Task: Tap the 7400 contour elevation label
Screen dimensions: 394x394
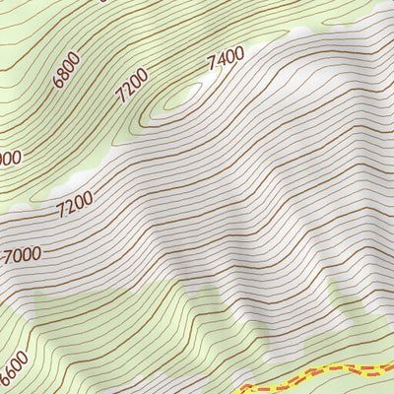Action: point(226,60)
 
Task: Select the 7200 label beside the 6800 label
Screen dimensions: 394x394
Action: point(131,85)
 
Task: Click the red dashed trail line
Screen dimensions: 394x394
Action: point(325,374)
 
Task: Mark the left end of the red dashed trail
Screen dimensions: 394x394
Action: point(243,389)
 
